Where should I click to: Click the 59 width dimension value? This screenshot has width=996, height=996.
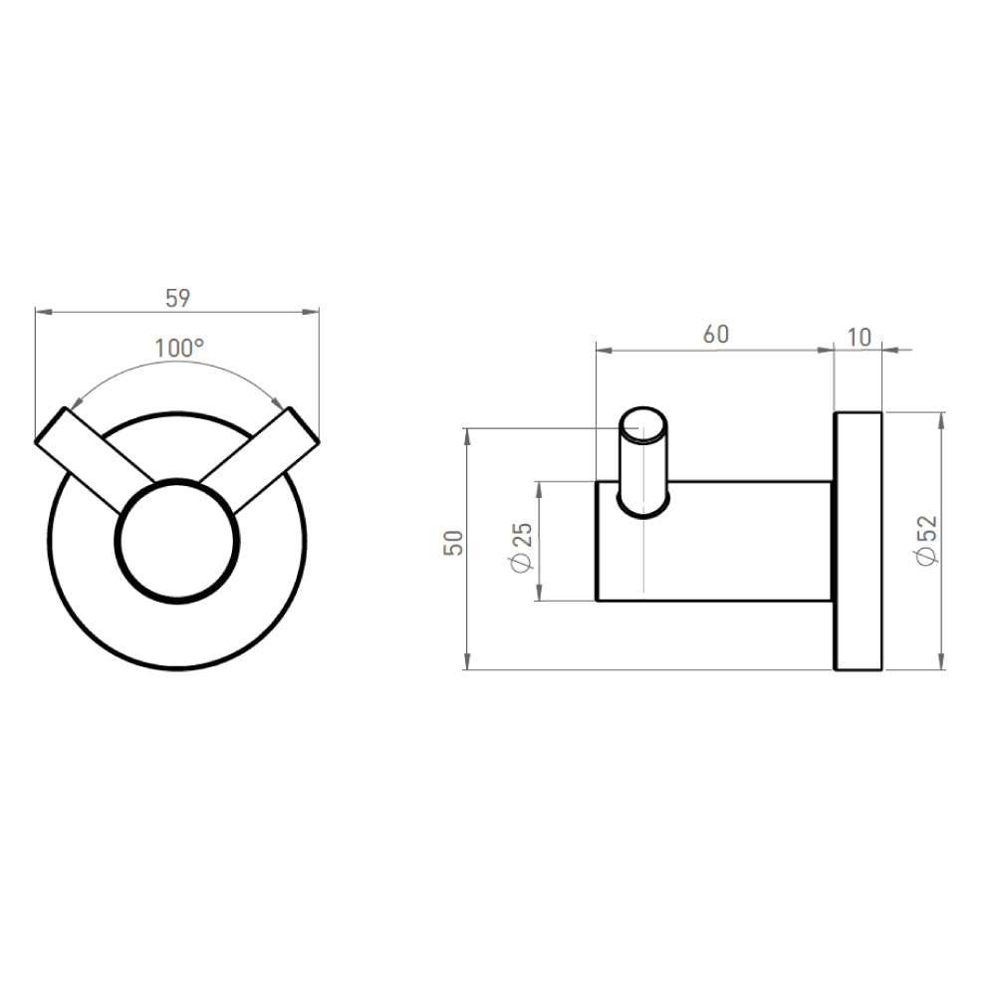177,297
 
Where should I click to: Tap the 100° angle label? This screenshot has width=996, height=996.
179,348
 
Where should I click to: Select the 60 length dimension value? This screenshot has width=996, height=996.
715,335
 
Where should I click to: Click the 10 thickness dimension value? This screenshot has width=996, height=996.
859,337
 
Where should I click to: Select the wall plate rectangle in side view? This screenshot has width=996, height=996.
858,540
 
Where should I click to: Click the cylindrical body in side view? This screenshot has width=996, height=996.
737,541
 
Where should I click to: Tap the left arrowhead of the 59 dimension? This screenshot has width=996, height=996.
41,312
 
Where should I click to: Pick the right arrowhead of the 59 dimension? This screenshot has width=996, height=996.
314,312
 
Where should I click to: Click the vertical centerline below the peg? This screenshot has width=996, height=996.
645,558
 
